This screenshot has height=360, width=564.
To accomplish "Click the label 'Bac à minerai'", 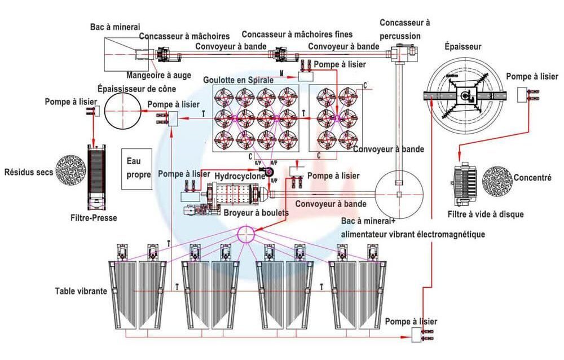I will click(x=115, y=27).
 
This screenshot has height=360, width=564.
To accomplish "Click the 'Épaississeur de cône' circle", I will click(x=122, y=111).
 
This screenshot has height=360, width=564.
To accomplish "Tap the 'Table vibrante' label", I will click(x=81, y=292).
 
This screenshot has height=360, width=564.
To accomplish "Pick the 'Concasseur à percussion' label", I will click(x=404, y=29).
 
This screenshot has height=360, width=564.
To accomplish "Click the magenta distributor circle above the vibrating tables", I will click(x=246, y=234).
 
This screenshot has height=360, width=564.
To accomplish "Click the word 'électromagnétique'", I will click(x=448, y=234).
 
